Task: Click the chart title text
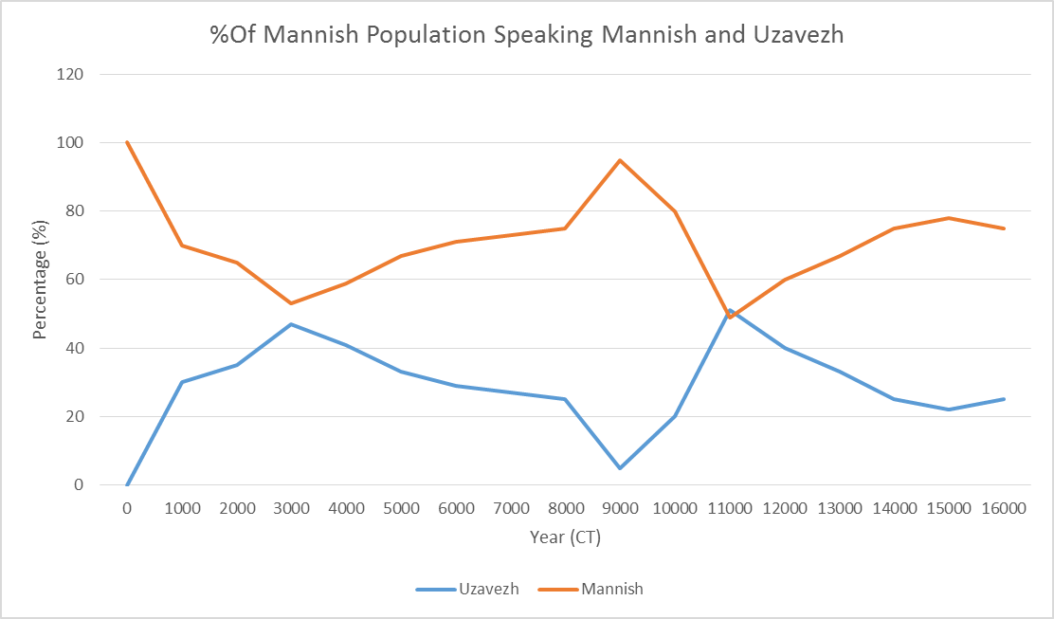[526, 35]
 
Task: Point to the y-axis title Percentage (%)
[40, 280]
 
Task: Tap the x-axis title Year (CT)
[565, 537]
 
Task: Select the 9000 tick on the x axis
[620, 508]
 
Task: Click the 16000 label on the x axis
[1004, 508]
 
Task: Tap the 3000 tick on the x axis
[291, 508]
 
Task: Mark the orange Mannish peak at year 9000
[620, 160]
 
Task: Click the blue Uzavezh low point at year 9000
[620, 468]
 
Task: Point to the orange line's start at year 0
[127, 142]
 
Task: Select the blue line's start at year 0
[127, 484]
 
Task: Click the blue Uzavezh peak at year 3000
[291, 324]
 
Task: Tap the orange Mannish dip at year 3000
[291, 303]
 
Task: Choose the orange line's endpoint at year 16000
[1004, 228]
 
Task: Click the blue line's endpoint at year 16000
[1004, 399]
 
